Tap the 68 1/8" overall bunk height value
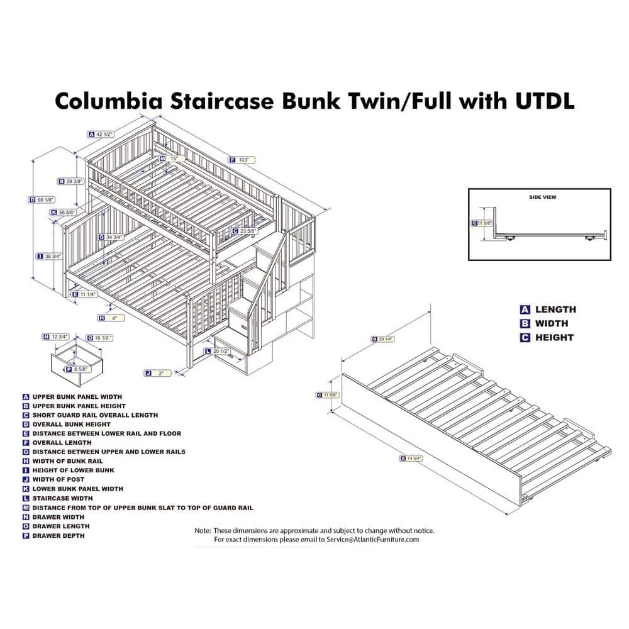[x=43, y=200]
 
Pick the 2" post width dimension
[x=161, y=373]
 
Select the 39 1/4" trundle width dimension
[x=386, y=339]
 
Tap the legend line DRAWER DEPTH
[x=58, y=535]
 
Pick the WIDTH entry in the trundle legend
[x=551, y=323]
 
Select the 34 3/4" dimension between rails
[x=114, y=237]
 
